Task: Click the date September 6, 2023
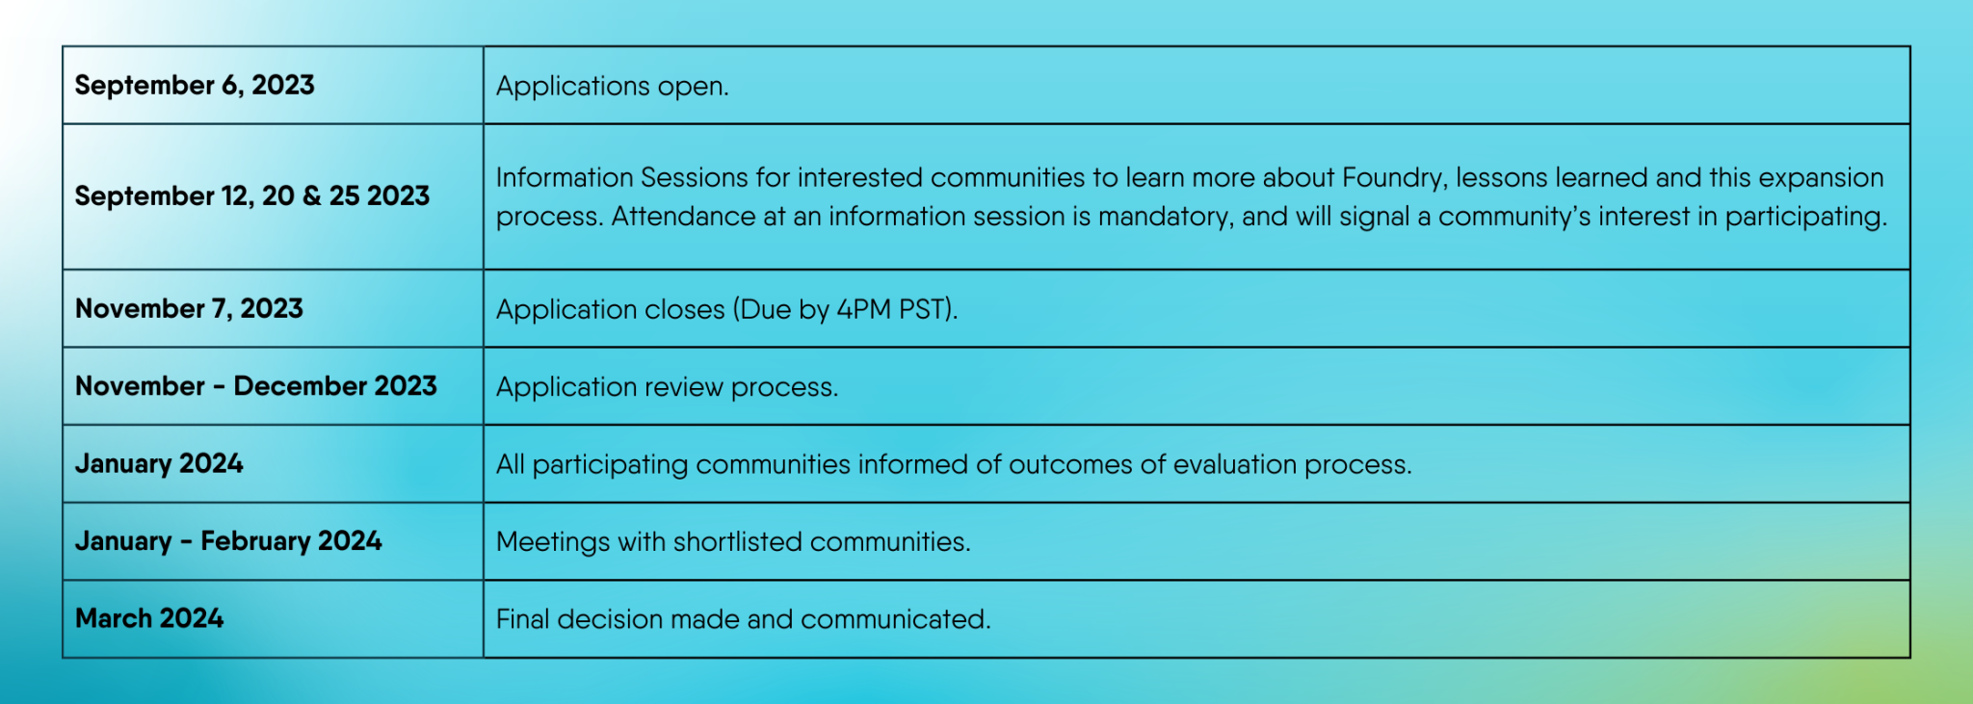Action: click(195, 86)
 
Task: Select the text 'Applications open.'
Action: click(613, 87)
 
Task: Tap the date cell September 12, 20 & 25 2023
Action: click(252, 196)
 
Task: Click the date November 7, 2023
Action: click(189, 309)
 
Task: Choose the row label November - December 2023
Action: click(256, 386)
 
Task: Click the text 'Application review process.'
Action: click(667, 387)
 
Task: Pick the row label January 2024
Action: click(159, 464)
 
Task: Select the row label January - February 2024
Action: click(228, 541)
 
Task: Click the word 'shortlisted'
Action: click(738, 541)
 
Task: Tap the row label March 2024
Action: click(149, 618)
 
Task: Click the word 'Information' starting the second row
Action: click(565, 178)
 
